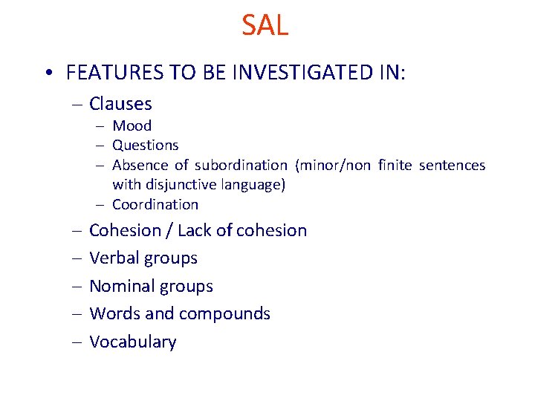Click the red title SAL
265,26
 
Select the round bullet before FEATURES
48,74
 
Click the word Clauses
120,104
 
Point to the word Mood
132,125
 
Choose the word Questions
145,145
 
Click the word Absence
140,165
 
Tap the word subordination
240,165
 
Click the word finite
395,165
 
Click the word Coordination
155,204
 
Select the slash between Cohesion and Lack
170,230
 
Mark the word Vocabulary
132,342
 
